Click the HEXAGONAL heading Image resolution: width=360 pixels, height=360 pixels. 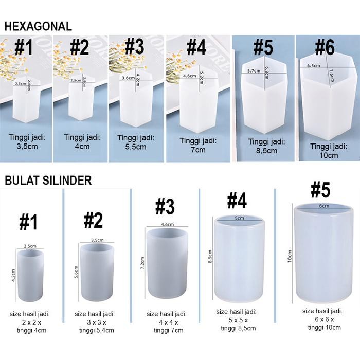38,27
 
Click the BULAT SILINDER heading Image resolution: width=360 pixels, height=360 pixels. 48,181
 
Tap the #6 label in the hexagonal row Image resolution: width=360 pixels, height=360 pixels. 324,48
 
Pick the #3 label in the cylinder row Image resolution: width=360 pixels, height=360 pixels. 165,207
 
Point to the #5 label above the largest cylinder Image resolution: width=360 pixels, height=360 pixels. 320,190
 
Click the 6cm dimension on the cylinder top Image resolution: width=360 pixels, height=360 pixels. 323,206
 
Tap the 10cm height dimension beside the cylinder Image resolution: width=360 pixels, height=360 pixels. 290,256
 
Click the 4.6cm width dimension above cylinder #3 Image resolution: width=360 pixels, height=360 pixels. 167,225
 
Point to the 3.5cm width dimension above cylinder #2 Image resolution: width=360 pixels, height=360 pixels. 97,240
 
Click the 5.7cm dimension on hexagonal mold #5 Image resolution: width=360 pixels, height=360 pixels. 254,71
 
